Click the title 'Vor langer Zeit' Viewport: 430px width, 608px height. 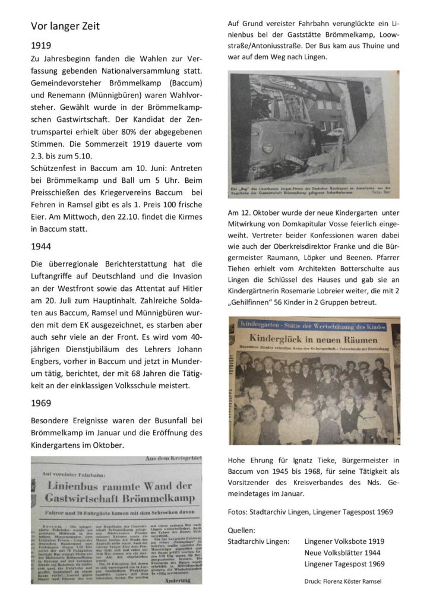pyautogui.click(x=65, y=27)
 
